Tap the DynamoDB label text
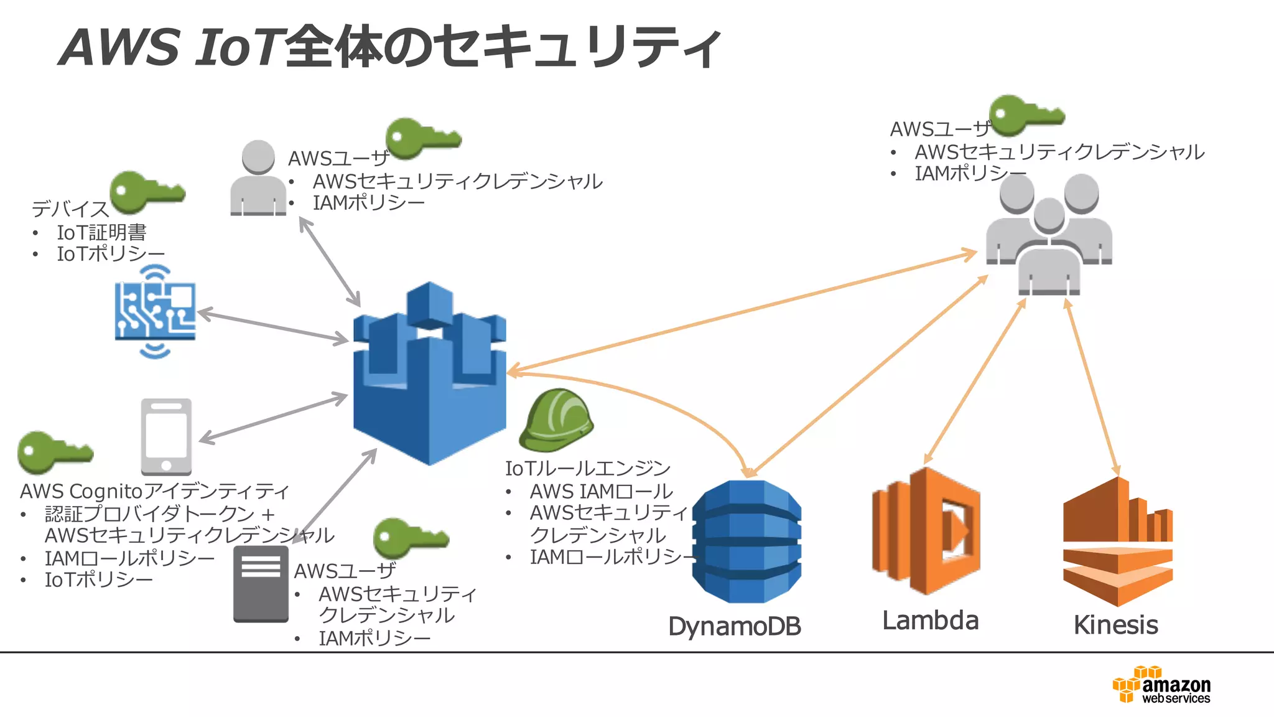734,626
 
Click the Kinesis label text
1115,625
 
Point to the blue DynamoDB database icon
746,541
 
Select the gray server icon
261,584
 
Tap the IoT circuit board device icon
155,312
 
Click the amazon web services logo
1161,685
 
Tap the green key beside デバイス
146,192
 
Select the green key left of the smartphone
54,452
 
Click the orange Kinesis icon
1118,541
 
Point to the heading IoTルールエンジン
587,468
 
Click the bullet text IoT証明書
101,233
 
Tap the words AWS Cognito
81,492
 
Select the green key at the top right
1026,115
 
